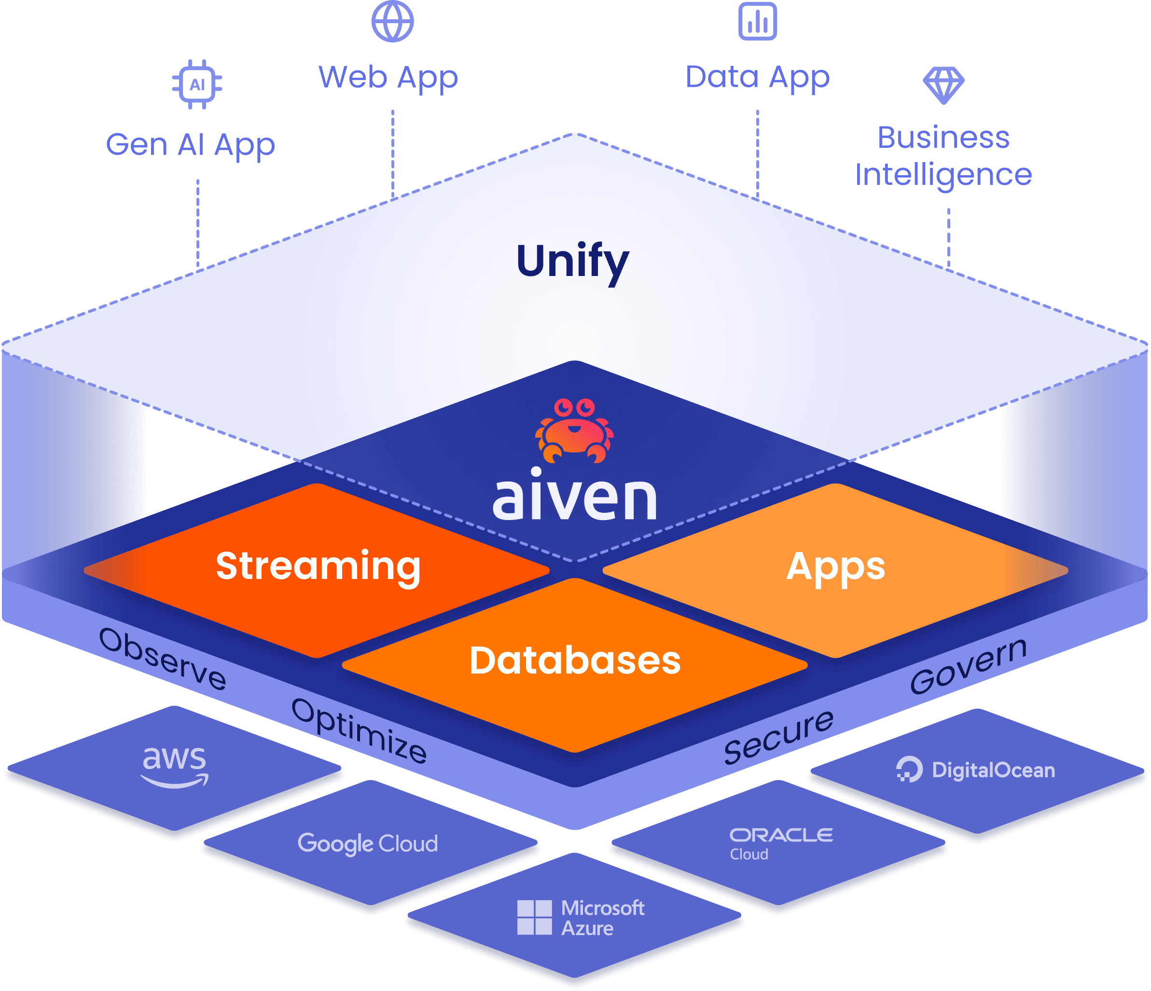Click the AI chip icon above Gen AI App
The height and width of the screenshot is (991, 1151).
197,84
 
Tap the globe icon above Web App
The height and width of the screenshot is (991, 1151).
392,21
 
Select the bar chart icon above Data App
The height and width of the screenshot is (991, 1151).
757,21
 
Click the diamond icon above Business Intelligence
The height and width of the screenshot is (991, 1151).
943,85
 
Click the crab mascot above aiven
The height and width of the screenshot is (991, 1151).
574,430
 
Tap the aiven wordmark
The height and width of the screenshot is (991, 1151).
575,496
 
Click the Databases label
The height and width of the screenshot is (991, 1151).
575,661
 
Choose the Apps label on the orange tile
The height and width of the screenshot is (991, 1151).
835,566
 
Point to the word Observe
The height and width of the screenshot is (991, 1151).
163,659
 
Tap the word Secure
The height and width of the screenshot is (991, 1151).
779,737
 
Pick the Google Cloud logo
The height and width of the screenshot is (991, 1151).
368,843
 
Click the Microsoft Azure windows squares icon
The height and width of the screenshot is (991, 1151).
534,918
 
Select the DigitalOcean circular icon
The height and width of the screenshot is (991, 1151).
909,770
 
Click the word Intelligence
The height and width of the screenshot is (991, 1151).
943,175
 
